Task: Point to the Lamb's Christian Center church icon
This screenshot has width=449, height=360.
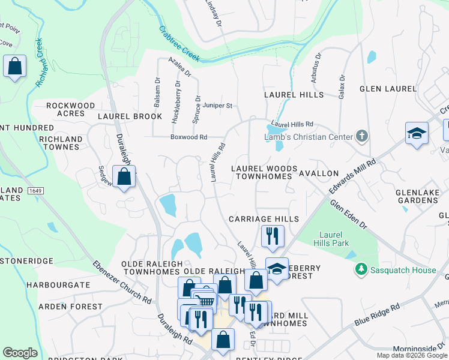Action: [361, 136]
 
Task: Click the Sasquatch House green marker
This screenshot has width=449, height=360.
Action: [361, 270]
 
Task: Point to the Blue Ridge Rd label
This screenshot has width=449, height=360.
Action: [377, 315]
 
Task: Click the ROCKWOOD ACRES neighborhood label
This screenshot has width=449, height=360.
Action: [70, 110]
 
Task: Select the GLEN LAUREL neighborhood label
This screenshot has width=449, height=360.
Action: [388, 89]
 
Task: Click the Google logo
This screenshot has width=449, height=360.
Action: [20, 353]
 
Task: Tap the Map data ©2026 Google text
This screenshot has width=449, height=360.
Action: [412, 355]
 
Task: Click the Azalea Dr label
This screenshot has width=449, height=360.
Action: [179, 67]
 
